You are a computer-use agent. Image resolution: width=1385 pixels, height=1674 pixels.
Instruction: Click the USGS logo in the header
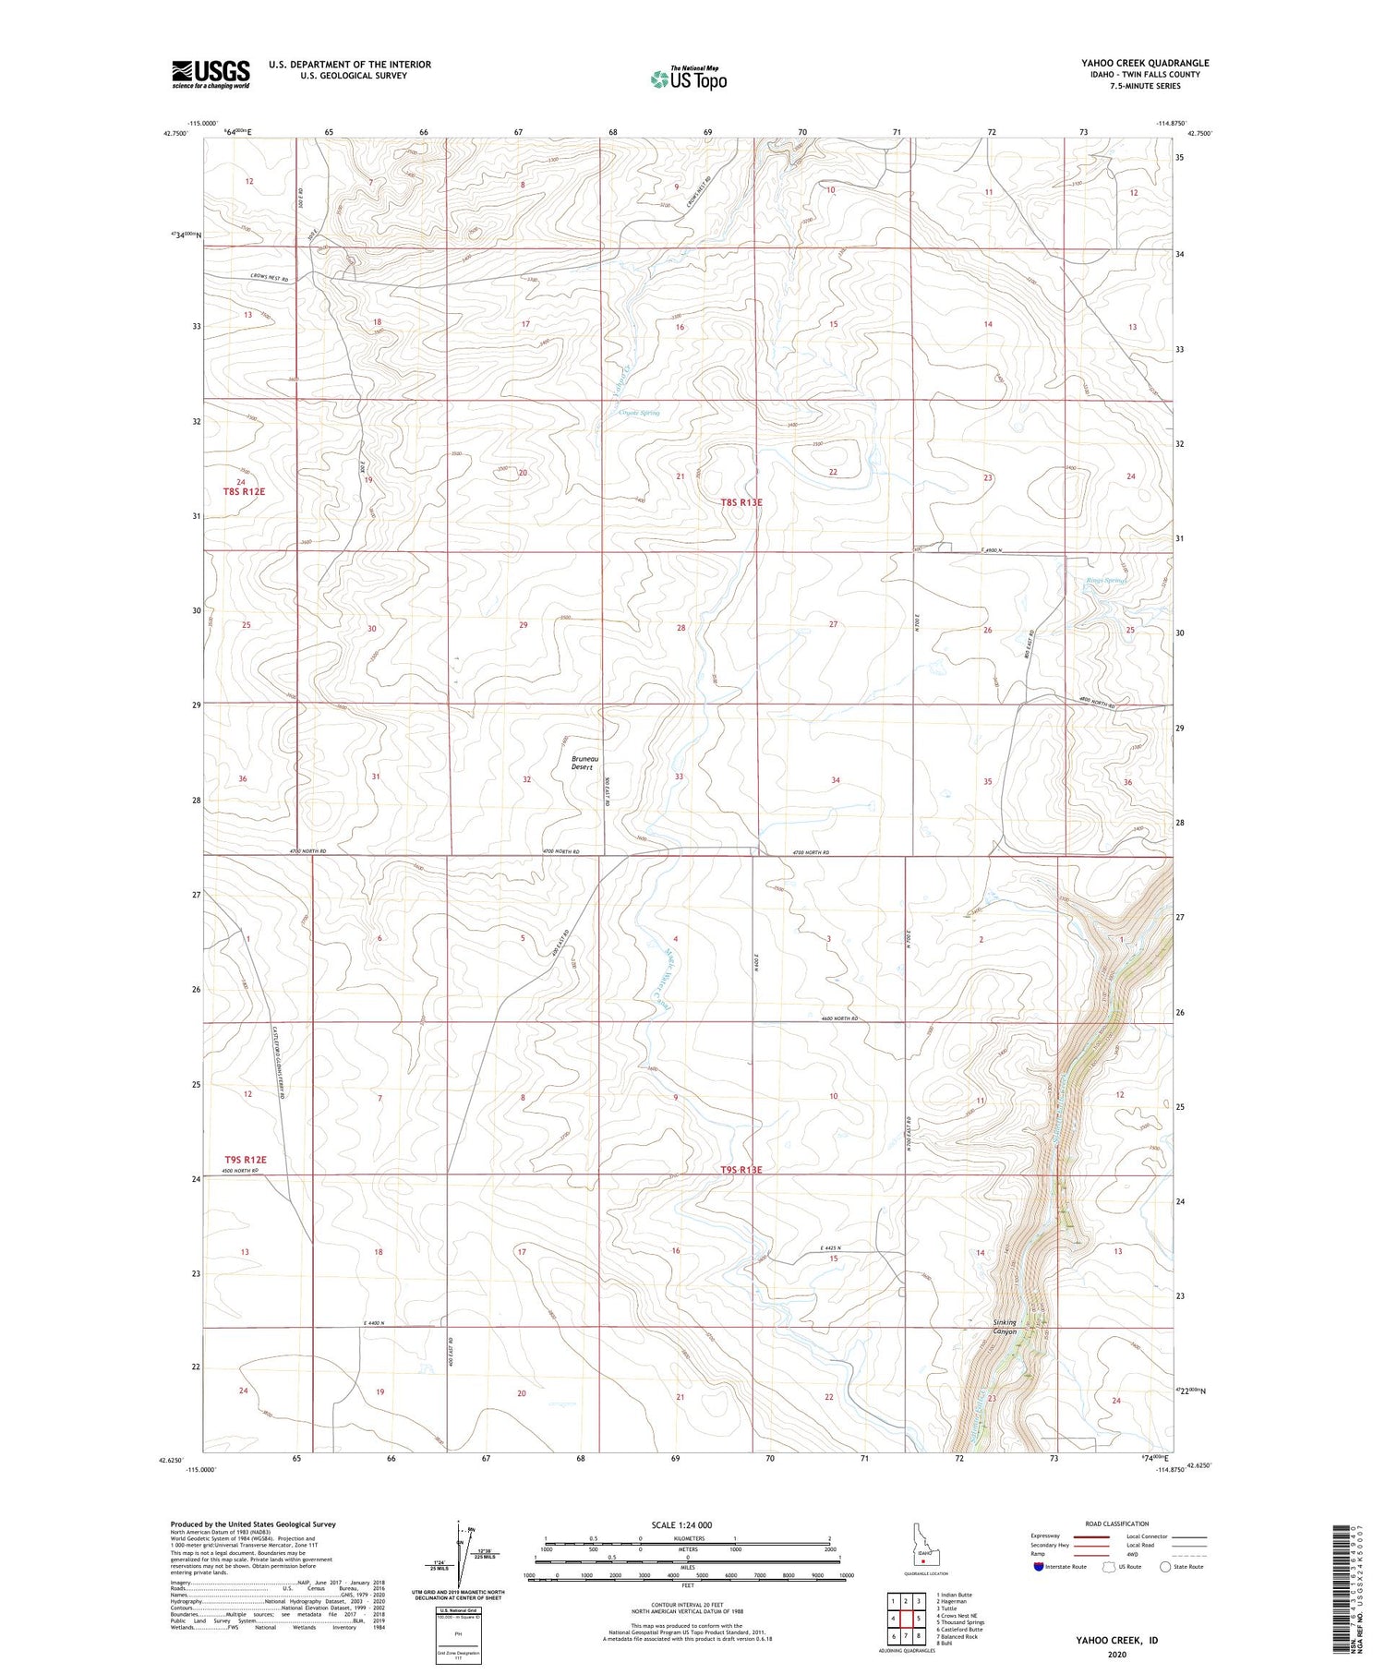[211, 73]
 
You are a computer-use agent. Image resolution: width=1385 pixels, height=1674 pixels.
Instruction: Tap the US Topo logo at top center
[687, 79]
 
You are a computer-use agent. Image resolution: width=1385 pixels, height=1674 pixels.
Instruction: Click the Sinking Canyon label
[1004, 1326]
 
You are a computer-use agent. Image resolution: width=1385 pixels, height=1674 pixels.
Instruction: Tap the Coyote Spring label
[639, 413]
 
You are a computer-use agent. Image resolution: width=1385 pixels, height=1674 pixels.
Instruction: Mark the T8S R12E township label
[244, 492]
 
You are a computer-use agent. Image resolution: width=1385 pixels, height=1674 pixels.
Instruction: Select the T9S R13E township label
[741, 1170]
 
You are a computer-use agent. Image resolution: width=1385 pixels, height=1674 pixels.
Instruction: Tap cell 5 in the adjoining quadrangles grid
[920, 1618]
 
